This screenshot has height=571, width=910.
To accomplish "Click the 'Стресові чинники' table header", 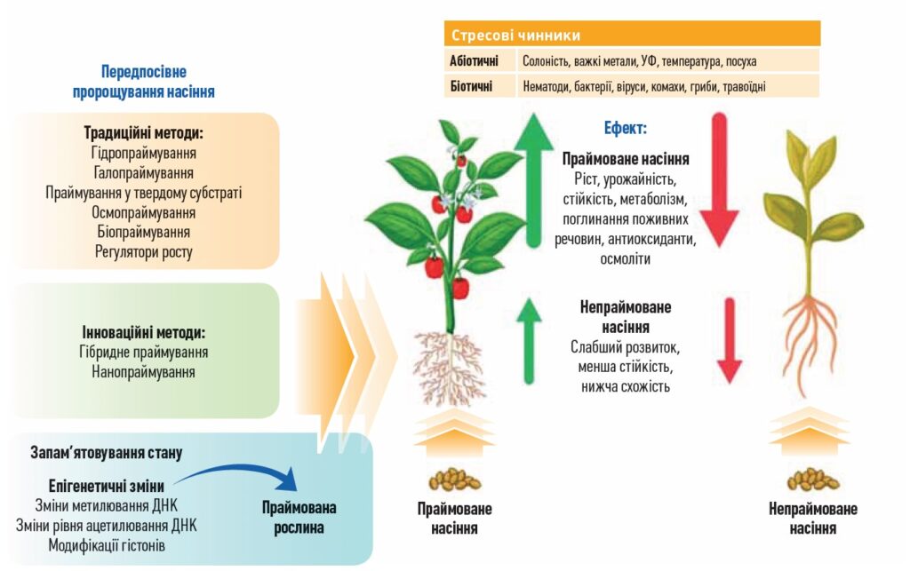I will (x=515, y=36).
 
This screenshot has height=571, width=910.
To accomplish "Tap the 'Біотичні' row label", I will (x=471, y=86).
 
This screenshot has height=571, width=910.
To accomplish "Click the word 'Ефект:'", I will (x=626, y=128).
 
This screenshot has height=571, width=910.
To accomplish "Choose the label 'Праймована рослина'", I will (x=299, y=518).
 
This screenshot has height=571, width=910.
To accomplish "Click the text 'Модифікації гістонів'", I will (x=107, y=544).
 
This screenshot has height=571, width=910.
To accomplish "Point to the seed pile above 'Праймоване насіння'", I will (x=454, y=480).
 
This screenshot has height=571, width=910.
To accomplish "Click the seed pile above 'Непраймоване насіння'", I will (x=812, y=480).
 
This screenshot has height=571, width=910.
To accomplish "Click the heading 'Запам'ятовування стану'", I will (x=106, y=453).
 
